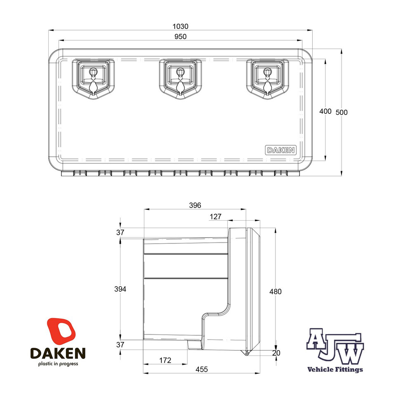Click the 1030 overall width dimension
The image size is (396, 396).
(x=180, y=26)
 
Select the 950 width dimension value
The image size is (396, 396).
(x=180, y=36)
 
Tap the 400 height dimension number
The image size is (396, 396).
(x=325, y=111)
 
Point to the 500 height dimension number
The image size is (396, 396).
(x=341, y=112)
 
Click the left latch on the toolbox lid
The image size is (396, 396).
(x=93, y=77)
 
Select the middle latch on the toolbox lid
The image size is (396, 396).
(x=180, y=77)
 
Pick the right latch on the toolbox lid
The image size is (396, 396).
(x=267, y=77)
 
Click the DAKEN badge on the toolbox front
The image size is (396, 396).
(x=280, y=150)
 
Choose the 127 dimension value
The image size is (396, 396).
(x=215, y=217)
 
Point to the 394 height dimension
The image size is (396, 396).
(x=120, y=289)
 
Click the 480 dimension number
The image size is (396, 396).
(x=275, y=292)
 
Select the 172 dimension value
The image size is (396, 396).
(x=165, y=361)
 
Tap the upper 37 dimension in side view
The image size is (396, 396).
(x=120, y=233)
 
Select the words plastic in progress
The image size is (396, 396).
(x=58, y=364)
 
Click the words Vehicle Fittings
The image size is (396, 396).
(x=335, y=370)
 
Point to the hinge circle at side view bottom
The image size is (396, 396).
(x=246, y=354)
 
